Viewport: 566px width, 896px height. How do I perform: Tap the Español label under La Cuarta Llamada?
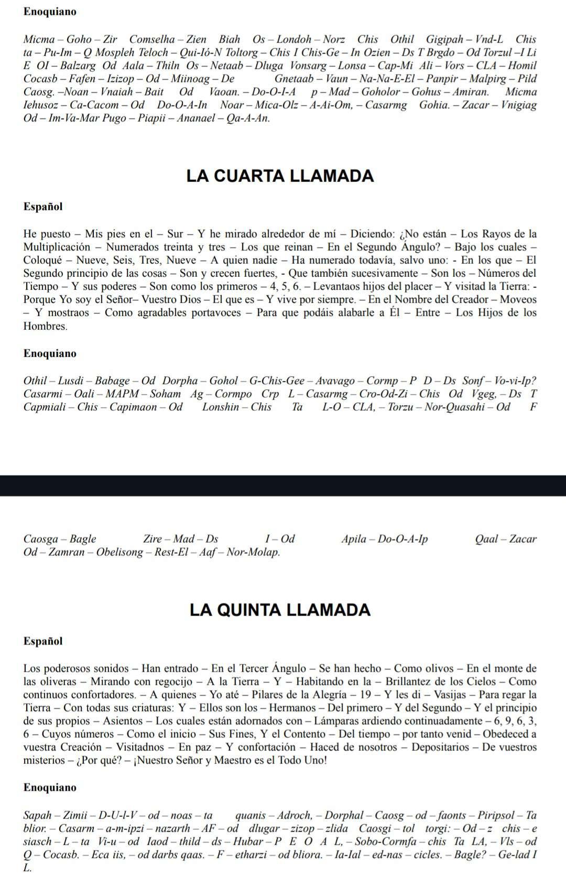point(43,207)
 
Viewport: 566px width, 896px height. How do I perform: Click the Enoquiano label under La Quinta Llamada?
point(50,787)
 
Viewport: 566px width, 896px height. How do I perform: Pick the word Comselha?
point(152,39)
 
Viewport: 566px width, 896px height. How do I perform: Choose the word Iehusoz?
point(43,105)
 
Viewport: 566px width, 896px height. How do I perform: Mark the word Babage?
point(112,381)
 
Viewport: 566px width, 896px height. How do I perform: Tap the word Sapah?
point(38,815)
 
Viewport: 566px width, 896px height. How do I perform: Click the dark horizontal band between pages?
point(283,485)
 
